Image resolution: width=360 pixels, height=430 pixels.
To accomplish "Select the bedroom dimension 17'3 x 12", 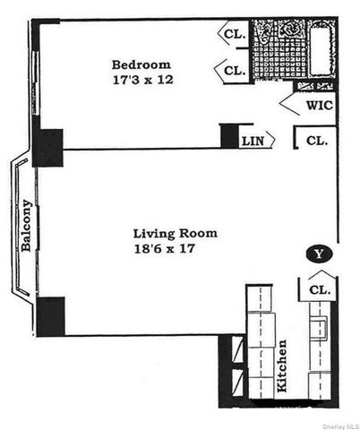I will pyautogui.click(x=141, y=80).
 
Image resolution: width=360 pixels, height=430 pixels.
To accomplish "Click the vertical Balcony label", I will pyautogui.click(x=26, y=225).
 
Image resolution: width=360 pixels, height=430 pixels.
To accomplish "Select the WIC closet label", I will pyautogui.click(x=318, y=105).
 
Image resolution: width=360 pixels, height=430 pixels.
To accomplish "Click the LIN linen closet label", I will pyautogui.click(x=253, y=141).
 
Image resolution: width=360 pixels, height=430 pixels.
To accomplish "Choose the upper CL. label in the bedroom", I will pyautogui.click(x=235, y=35).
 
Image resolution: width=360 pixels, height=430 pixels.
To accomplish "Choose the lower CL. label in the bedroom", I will pyautogui.click(x=235, y=70).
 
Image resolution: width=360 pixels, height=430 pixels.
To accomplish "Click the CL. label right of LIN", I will pyautogui.click(x=316, y=141).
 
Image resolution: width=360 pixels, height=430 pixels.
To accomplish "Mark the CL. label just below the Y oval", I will pyautogui.click(x=320, y=289).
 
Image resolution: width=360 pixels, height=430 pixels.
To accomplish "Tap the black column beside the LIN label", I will pyautogui.click(x=229, y=135).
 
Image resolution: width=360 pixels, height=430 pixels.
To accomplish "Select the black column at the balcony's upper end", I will pyautogui.click(x=47, y=148).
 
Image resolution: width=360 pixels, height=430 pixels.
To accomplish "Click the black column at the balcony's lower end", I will pyautogui.click(x=50, y=316).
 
